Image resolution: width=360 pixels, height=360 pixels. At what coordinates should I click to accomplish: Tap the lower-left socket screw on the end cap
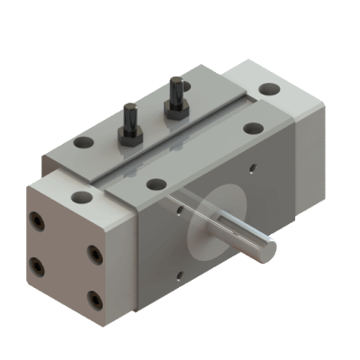click(x=37, y=265)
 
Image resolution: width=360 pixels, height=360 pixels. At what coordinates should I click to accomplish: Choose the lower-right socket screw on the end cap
click(x=94, y=298)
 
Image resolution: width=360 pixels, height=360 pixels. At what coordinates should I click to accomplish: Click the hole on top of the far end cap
click(x=269, y=89)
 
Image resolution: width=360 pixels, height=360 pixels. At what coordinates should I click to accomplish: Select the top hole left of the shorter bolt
click(x=83, y=142)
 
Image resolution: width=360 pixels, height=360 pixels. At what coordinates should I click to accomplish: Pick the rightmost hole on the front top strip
click(x=252, y=129)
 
